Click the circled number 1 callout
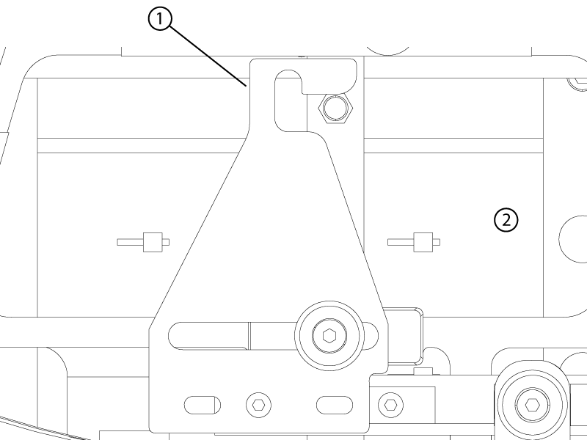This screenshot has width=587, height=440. point(160,19)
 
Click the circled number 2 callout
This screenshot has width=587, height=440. point(506,221)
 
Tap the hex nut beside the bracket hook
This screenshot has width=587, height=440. point(335,108)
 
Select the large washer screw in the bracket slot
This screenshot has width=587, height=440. point(329,336)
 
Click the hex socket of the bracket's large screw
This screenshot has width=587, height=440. point(329,336)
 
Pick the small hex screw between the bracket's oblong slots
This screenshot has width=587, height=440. point(259,405)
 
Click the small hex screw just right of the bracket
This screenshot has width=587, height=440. point(391,405)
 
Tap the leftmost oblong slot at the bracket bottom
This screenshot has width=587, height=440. point(203,405)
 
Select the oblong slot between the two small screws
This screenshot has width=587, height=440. point(335,405)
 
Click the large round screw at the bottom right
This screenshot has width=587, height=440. point(532,405)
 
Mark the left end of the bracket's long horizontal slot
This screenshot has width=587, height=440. point(169,336)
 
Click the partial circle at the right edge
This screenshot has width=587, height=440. point(573,239)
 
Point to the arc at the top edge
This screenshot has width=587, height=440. point(388,51)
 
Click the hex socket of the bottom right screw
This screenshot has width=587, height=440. point(532,405)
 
